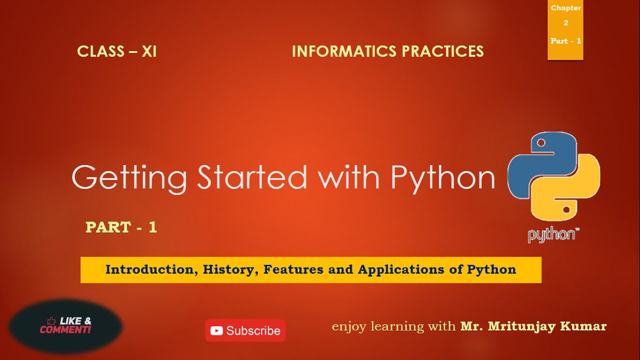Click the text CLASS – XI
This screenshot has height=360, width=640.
116,51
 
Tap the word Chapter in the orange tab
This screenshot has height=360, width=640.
566,8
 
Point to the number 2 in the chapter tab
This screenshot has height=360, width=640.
566,23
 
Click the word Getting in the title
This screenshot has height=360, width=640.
129,177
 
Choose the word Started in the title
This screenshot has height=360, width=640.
252,176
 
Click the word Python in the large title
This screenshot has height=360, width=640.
442,177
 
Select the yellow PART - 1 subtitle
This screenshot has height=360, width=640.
121,227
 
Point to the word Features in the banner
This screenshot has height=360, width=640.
293,270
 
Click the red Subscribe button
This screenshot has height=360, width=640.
245,330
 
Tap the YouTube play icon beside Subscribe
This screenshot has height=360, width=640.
216,330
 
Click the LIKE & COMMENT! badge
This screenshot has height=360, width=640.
65,325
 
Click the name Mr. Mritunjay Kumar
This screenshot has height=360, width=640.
533,326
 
